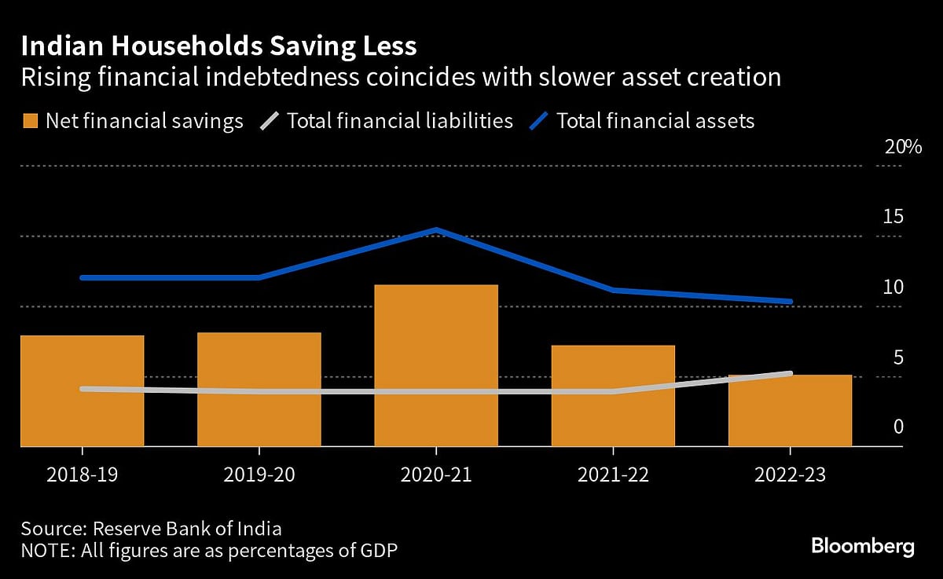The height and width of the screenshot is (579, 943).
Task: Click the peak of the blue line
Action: coord(436,229)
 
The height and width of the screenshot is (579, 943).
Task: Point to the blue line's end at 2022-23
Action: coord(790,301)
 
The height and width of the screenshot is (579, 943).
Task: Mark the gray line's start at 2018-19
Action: coord(83,389)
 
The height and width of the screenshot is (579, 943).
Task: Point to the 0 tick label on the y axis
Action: coord(897,427)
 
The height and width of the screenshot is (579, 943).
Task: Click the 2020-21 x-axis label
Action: coord(436,476)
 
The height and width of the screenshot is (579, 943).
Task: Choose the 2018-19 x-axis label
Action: coord(83,476)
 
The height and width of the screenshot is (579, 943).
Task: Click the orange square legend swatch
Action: coord(30,121)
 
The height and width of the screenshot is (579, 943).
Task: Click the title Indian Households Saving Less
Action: coord(218,46)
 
